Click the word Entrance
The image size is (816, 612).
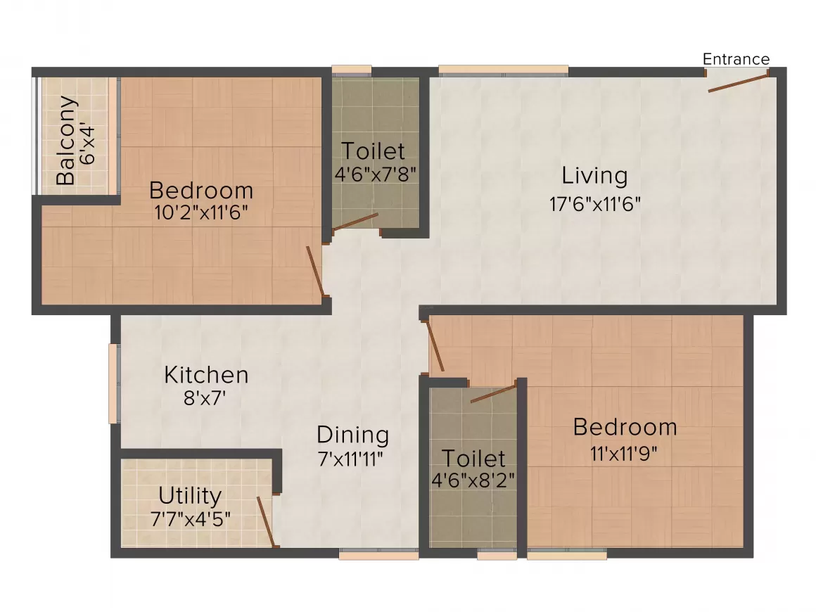pos(736,59)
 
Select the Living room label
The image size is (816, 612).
pos(594,175)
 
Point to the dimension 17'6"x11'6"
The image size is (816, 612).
pos(594,204)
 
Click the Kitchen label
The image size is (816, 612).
pos(206,375)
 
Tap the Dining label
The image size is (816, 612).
pos(352,435)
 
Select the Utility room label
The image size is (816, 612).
pos(190,496)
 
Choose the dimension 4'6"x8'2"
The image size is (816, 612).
pos(473,481)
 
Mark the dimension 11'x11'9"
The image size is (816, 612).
pos(625,454)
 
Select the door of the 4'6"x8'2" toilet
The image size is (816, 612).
pos(494,393)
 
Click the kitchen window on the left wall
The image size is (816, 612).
pos(113,383)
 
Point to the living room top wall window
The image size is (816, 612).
pos(503,70)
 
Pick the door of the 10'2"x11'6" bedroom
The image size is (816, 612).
pos(315,272)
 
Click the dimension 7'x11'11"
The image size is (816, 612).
pos(352,459)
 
